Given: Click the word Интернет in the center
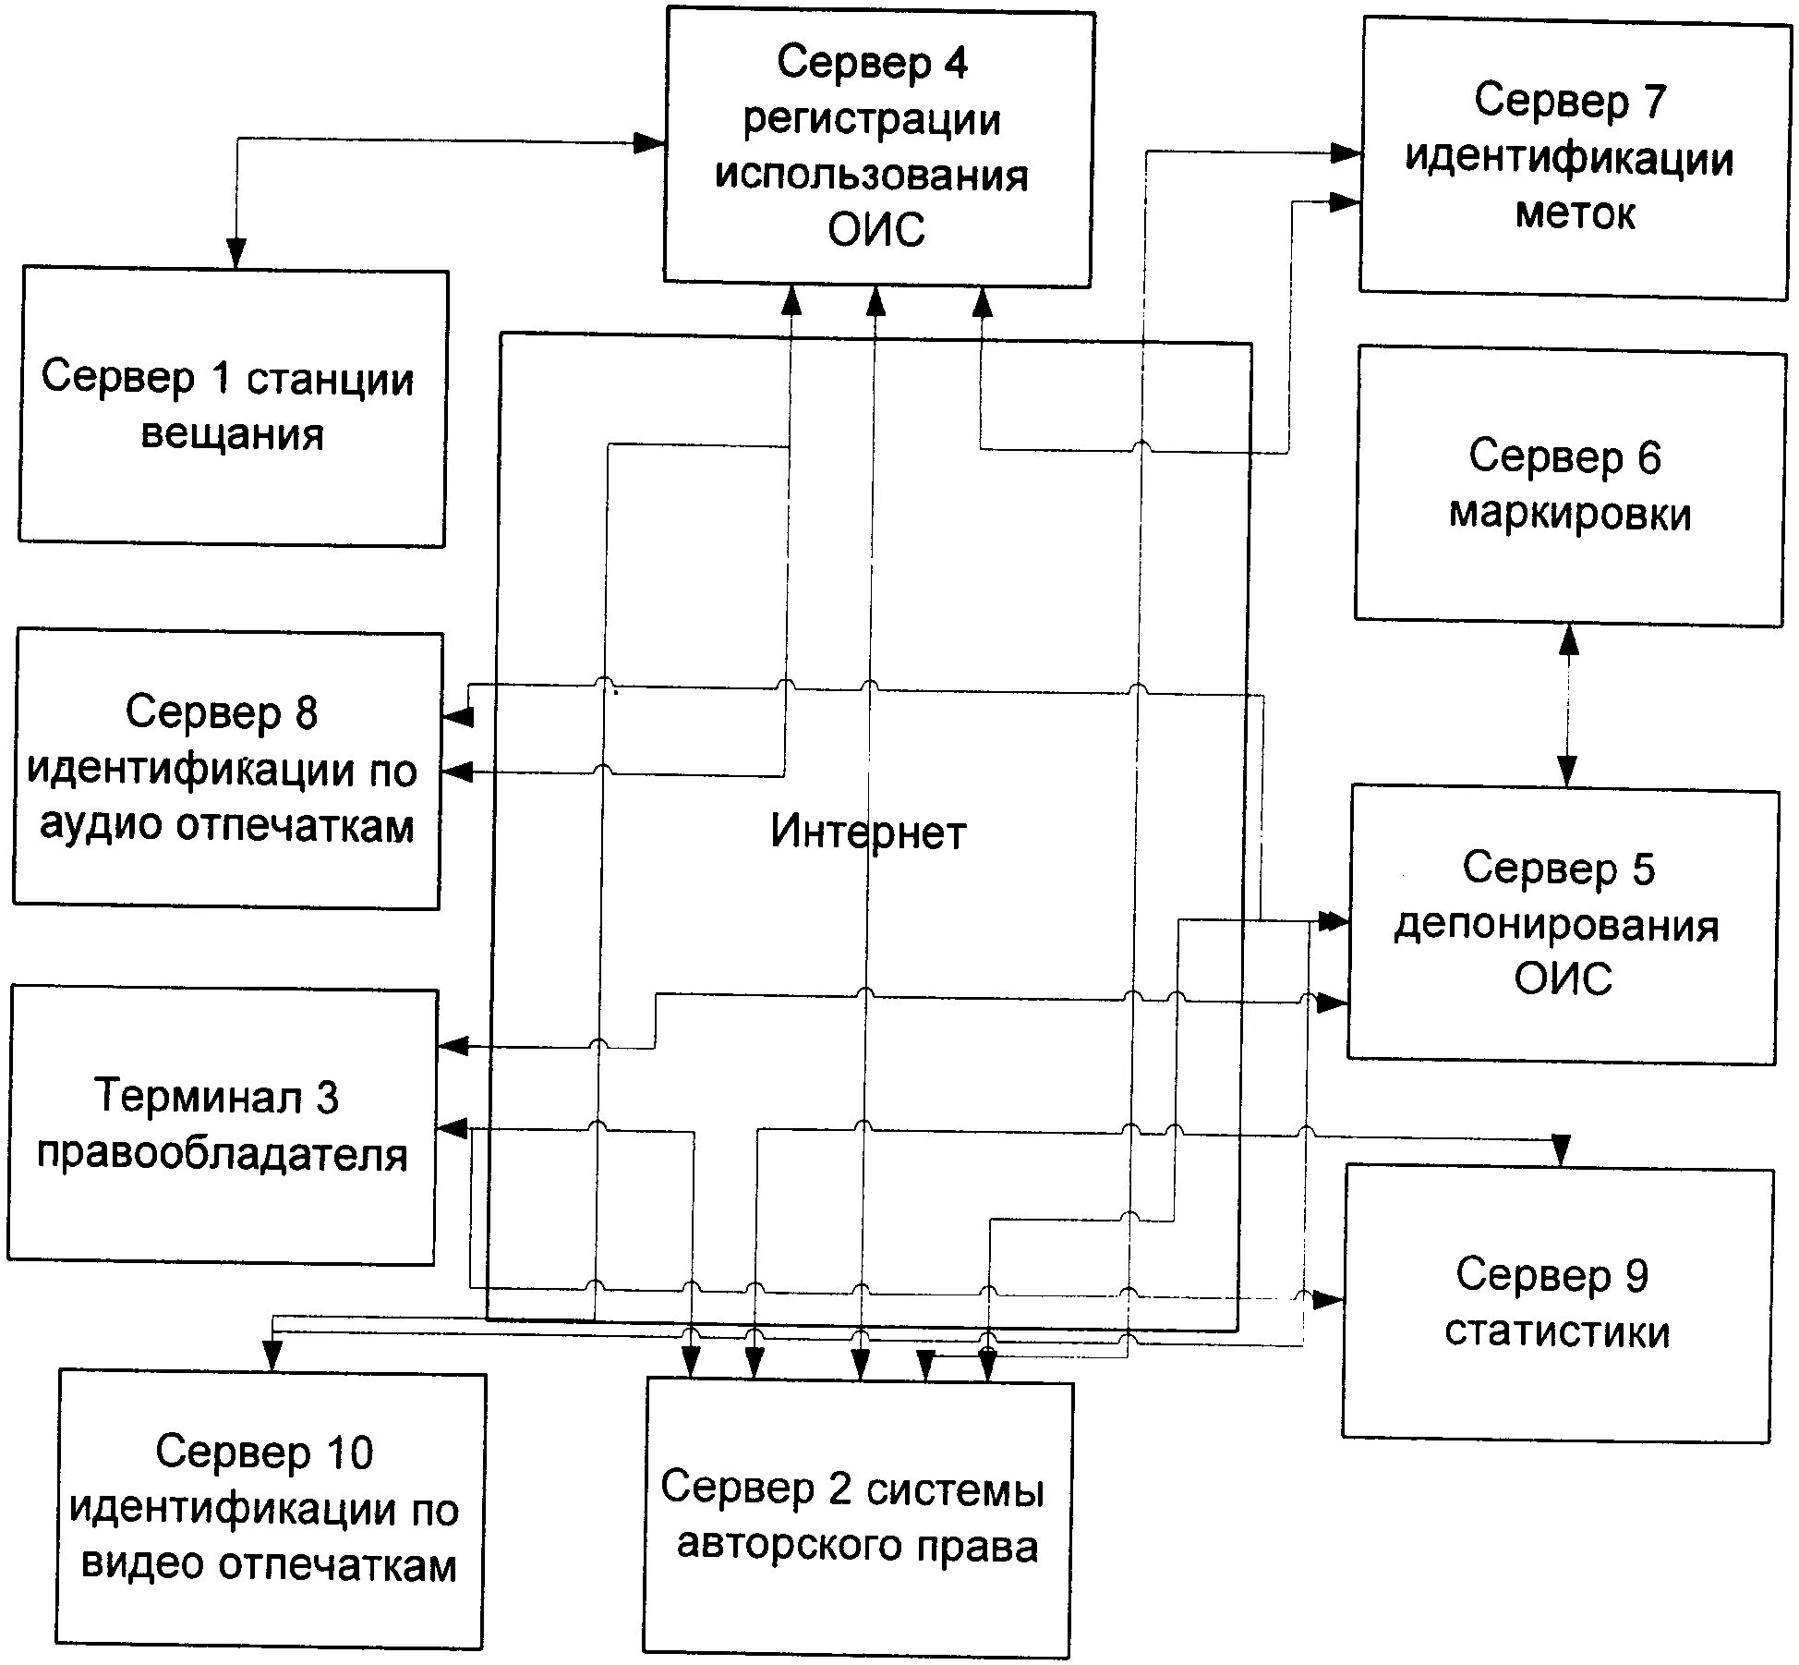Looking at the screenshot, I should [867, 832].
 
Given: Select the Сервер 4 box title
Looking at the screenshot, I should [872, 64].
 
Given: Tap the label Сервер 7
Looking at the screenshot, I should [1569, 100].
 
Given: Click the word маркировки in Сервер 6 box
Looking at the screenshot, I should [1569, 514].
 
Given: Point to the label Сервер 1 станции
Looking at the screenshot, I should [227, 378].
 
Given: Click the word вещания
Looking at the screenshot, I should [232, 433].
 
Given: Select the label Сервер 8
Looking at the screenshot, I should [222, 712].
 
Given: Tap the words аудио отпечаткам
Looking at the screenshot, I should [226, 825].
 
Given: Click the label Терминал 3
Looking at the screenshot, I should [216, 1097].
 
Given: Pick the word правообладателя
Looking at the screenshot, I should [222, 1154].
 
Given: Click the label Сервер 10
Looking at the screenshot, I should [264, 1452].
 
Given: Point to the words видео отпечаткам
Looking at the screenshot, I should [269, 1564].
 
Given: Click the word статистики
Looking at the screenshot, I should [1557, 1331].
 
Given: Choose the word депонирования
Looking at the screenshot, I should [1556, 925].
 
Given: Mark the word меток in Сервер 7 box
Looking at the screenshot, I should [1576, 214].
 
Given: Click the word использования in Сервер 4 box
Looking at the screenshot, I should [872, 175].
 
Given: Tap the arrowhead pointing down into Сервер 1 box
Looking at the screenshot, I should [236, 252].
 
